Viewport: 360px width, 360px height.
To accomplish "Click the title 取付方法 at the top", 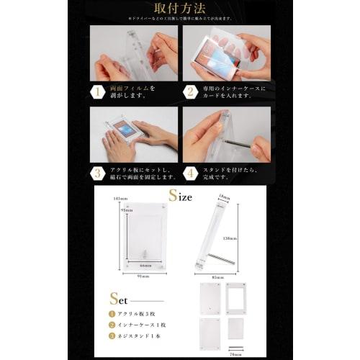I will tap(180, 9).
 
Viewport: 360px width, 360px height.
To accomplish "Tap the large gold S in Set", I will tap(115, 297).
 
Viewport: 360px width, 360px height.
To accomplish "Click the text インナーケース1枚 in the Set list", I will tap(140, 324).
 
